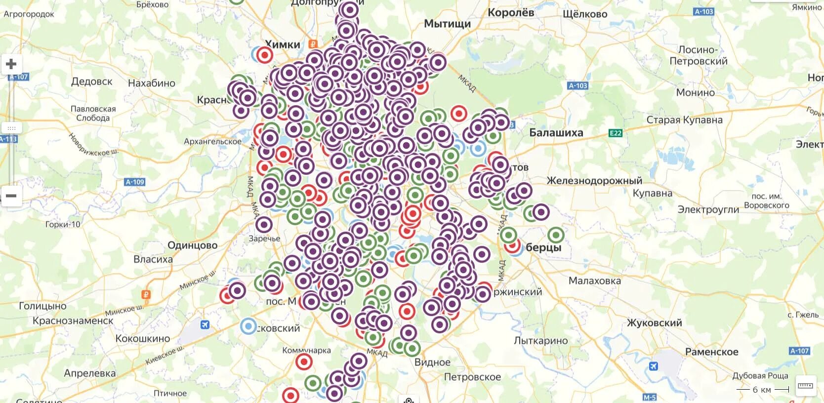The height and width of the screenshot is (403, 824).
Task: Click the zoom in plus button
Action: tap(11, 64)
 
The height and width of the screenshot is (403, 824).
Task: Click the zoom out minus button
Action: tap(11, 196)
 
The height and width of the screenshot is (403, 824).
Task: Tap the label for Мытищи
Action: tap(448, 24)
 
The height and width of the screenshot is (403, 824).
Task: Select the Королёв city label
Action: tap(511, 13)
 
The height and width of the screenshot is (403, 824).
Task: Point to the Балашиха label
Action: tap(556, 132)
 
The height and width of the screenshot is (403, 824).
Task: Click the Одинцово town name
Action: tap(192, 245)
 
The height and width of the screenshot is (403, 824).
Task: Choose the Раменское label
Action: tap(711, 352)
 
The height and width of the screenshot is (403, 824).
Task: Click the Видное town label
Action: tap(432, 362)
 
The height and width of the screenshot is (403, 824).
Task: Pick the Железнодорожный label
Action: tap(594, 181)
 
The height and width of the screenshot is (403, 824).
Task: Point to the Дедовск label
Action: tap(92, 81)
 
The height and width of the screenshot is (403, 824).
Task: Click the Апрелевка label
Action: tap(90, 373)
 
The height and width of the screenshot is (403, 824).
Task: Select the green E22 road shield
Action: tap(616, 133)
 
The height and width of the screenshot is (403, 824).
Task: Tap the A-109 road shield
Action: tap(135, 182)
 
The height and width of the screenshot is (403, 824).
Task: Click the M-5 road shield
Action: tap(650, 398)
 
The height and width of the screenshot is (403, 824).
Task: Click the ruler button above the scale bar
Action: tap(806, 385)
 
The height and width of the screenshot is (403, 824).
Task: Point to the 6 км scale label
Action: tap(762, 390)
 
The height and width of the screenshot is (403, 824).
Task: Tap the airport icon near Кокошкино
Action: tap(205, 324)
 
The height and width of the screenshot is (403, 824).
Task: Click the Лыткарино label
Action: tap(541, 341)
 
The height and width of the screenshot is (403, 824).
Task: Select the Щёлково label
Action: tap(585, 14)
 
